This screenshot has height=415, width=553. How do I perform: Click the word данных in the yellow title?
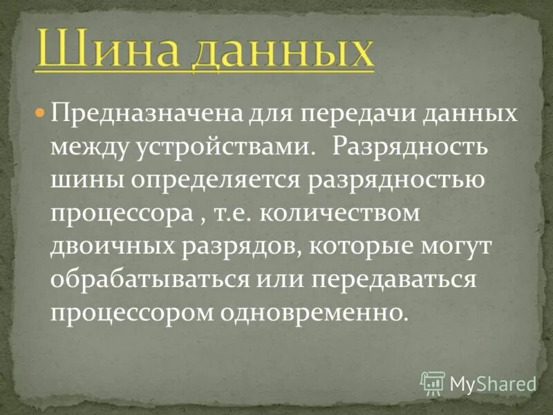tap(281, 50)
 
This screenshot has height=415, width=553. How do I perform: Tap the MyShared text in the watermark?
tap(493, 382)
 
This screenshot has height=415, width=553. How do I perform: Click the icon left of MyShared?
tap(432, 382)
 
